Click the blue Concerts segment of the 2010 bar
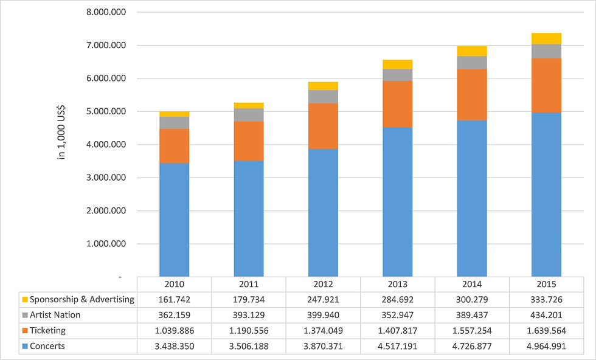point(175,220)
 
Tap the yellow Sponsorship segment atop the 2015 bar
point(546,38)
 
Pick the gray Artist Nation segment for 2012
point(323,97)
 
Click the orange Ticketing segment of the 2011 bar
point(249,141)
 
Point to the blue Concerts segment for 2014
point(472,198)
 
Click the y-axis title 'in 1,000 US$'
point(61,133)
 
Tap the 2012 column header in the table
point(323,284)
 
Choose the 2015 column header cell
point(546,284)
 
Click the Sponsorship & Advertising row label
point(81,299)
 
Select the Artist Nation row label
point(55,315)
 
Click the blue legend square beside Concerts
point(24,347)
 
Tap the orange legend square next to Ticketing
point(24,331)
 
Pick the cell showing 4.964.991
point(546,347)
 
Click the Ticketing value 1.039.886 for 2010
point(175,331)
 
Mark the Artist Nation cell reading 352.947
point(398,315)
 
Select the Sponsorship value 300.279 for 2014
point(472,299)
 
